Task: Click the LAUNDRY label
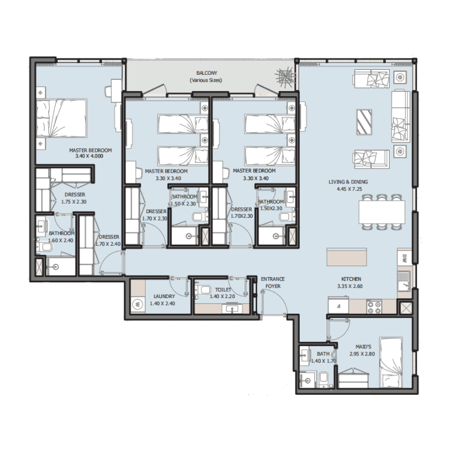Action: click(x=164, y=296)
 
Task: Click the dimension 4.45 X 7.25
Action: click(x=350, y=189)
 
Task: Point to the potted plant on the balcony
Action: click(x=285, y=77)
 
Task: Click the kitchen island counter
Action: click(x=348, y=258)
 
